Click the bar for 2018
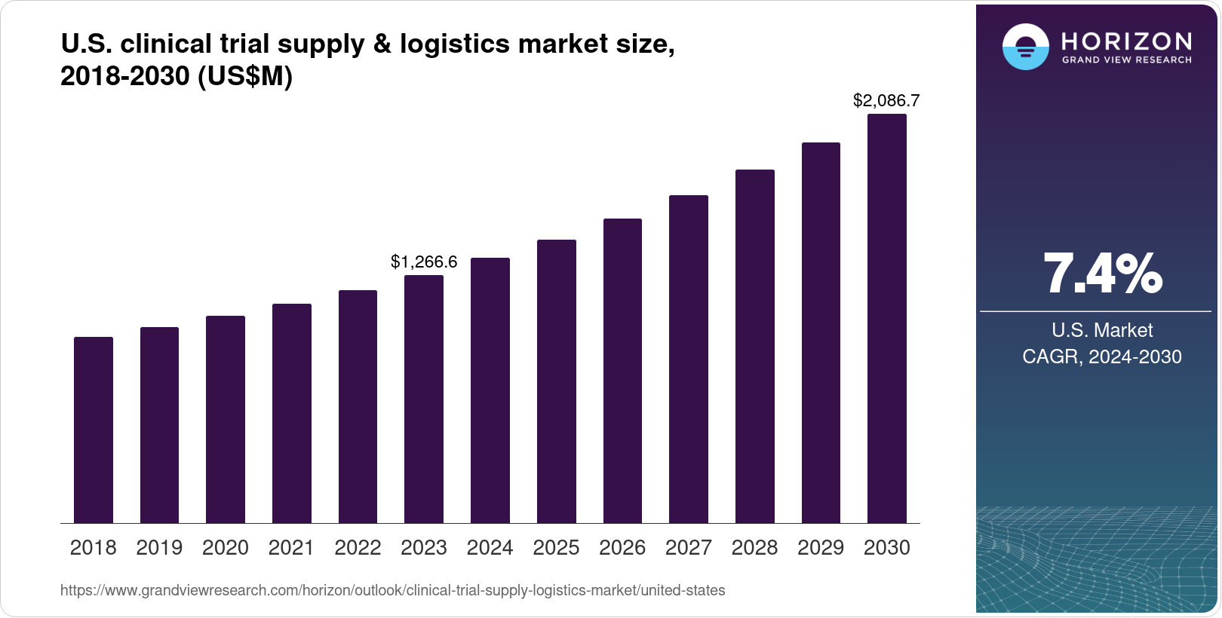point(94,430)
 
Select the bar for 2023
point(424,399)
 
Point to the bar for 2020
point(226,419)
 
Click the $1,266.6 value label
point(424,262)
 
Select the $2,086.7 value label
point(886,100)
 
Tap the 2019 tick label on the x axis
point(159,548)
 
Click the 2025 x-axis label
point(556,548)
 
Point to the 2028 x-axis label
point(754,548)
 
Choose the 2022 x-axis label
point(358,548)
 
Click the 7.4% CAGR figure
point(1102,274)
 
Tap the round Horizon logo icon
point(1025,47)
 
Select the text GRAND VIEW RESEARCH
point(1127,60)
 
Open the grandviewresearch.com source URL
point(392,590)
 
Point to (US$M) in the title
point(244,76)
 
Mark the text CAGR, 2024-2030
point(1102,356)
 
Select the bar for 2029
point(821,332)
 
